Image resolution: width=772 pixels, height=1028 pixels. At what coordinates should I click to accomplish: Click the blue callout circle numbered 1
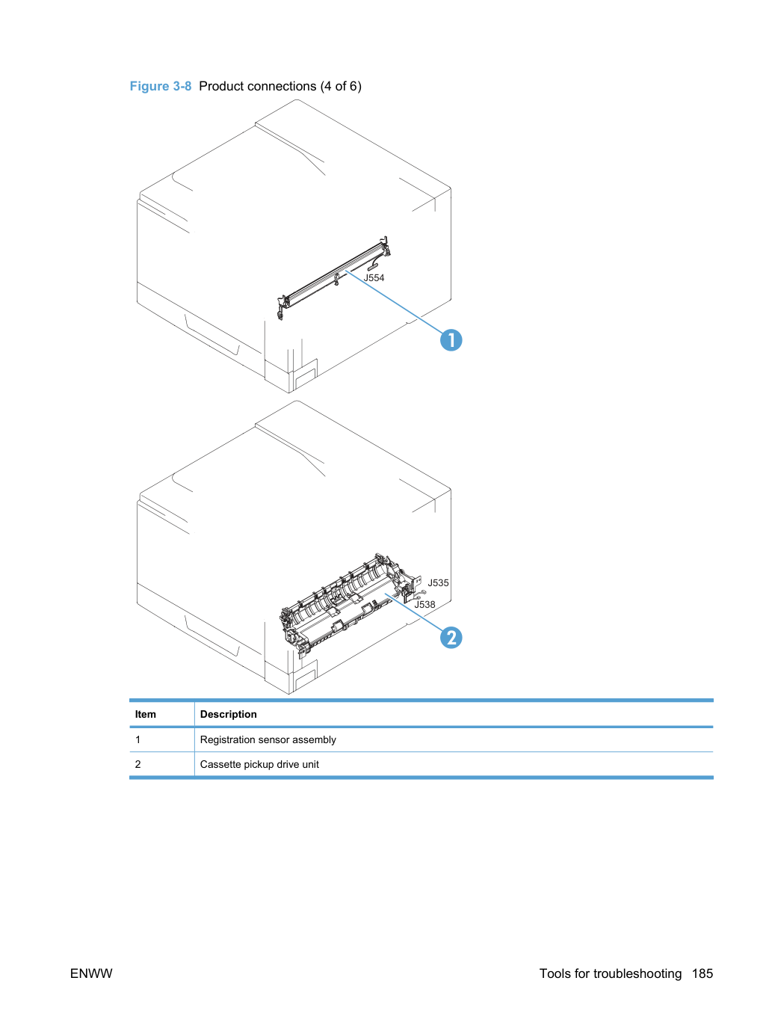point(451,340)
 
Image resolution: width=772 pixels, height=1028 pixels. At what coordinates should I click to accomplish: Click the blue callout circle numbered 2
point(451,638)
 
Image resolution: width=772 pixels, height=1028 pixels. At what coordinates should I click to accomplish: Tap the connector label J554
point(374,277)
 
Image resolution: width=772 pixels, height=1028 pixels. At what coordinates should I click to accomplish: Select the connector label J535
point(438,582)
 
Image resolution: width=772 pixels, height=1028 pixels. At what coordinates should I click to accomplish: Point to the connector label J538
point(424,604)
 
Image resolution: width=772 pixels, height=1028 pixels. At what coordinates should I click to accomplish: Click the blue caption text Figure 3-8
point(161,86)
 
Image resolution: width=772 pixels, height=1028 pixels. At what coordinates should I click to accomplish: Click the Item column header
point(145,714)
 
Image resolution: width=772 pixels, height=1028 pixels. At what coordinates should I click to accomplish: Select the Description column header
point(229,714)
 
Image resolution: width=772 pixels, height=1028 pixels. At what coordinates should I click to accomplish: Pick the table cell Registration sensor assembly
point(268,739)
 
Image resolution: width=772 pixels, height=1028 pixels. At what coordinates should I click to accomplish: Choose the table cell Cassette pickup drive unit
point(259,764)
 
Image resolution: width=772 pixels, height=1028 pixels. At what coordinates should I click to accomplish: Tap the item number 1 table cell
point(138,739)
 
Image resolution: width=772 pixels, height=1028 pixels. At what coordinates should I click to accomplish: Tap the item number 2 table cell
point(138,764)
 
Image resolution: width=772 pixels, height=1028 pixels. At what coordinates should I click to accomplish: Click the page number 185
point(702,973)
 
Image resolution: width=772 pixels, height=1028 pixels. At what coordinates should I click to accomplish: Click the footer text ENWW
point(91,973)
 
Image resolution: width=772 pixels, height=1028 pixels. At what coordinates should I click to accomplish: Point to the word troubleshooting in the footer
point(637,973)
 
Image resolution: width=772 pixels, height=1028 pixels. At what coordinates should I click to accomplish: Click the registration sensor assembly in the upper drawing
point(334,277)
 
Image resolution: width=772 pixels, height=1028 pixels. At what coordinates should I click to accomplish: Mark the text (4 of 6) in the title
point(341,86)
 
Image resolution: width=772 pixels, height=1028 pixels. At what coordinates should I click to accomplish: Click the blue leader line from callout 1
point(394,301)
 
